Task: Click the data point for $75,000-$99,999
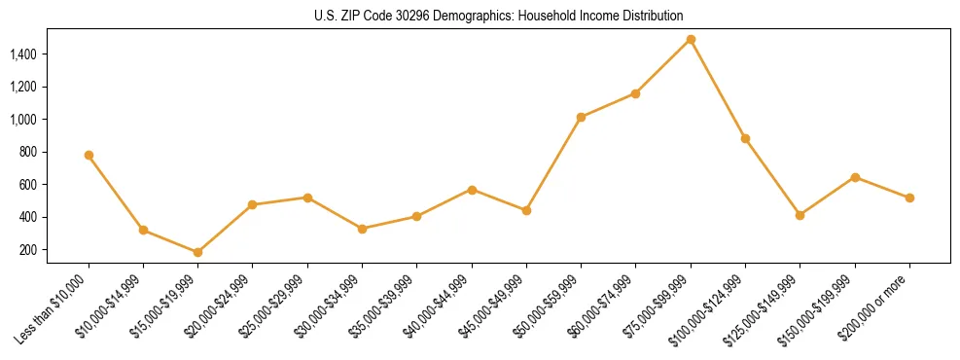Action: coord(691,40)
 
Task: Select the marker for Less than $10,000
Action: coord(89,155)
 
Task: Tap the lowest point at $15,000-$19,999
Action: coord(197,252)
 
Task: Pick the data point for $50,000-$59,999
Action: coord(581,117)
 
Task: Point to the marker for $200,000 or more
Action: coord(909,198)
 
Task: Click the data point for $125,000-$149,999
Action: coord(800,215)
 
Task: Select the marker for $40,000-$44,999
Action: coord(472,190)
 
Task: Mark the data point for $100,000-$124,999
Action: coord(745,138)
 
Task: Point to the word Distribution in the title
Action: coord(652,17)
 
